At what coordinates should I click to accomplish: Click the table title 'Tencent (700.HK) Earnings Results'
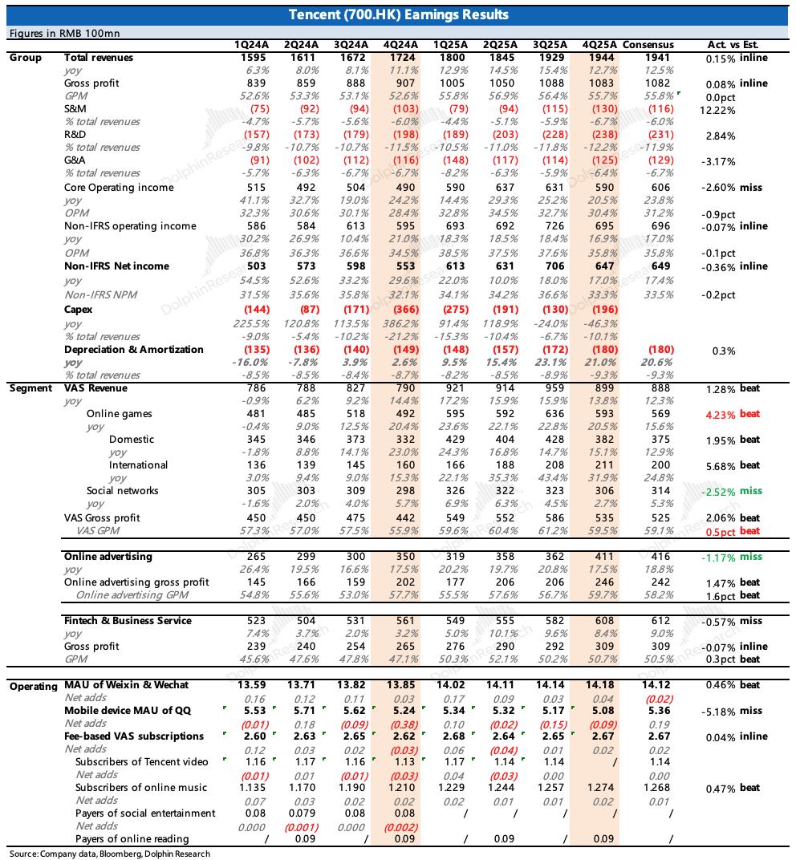pos(398,15)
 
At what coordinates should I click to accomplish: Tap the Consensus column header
pos(648,45)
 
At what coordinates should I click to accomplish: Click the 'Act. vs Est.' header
pos(733,45)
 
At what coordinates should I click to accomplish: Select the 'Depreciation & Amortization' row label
pos(134,350)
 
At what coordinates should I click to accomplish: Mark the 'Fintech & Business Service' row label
pos(128,621)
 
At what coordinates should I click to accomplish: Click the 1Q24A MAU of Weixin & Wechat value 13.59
pos(245,685)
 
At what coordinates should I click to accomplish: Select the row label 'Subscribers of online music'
pos(141,788)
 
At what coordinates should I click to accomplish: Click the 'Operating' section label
pos(33,686)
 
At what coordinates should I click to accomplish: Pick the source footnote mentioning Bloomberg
pos(110,854)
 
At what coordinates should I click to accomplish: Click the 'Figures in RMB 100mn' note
pos(64,33)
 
